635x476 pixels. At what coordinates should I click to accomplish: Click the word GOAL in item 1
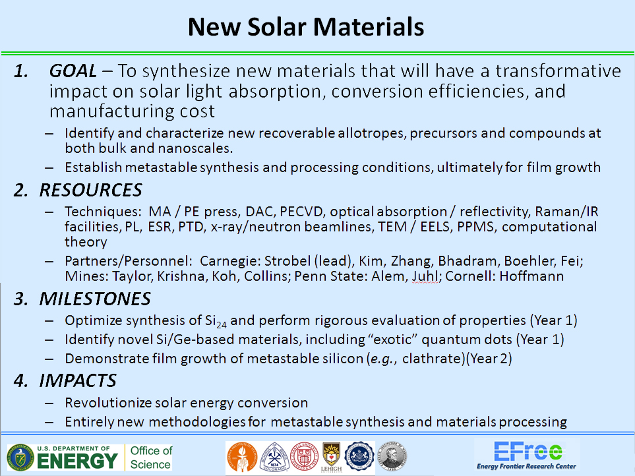pyautogui.click(x=73, y=71)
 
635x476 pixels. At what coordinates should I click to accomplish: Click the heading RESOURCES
pyautogui.click(x=91, y=191)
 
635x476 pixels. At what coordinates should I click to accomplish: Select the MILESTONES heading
pyautogui.click(x=95, y=299)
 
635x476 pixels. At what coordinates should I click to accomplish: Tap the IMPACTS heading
pyautogui.click(x=78, y=381)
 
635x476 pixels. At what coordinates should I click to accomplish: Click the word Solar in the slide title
pyautogui.click(x=276, y=27)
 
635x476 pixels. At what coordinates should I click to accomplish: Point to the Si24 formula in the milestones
pyautogui.click(x=216, y=321)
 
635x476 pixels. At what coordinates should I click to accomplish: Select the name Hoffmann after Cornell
pyautogui.click(x=531, y=276)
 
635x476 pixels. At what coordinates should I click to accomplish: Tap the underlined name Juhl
pyautogui.click(x=425, y=276)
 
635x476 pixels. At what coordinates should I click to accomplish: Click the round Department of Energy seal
pyautogui.click(x=20, y=458)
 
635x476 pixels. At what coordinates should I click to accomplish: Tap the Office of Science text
pyautogui.click(x=151, y=458)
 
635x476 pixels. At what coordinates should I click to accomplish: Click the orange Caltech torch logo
pyautogui.click(x=242, y=458)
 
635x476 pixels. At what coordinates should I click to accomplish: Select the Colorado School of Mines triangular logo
pyautogui.click(x=274, y=458)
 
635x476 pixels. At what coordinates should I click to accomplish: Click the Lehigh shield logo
pyautogui.click(x=331, y=458)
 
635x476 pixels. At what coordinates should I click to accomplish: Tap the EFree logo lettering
pyautogui.click(x=528, y=451)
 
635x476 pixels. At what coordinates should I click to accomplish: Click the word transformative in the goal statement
pyautogui.click(x=558, y=71)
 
